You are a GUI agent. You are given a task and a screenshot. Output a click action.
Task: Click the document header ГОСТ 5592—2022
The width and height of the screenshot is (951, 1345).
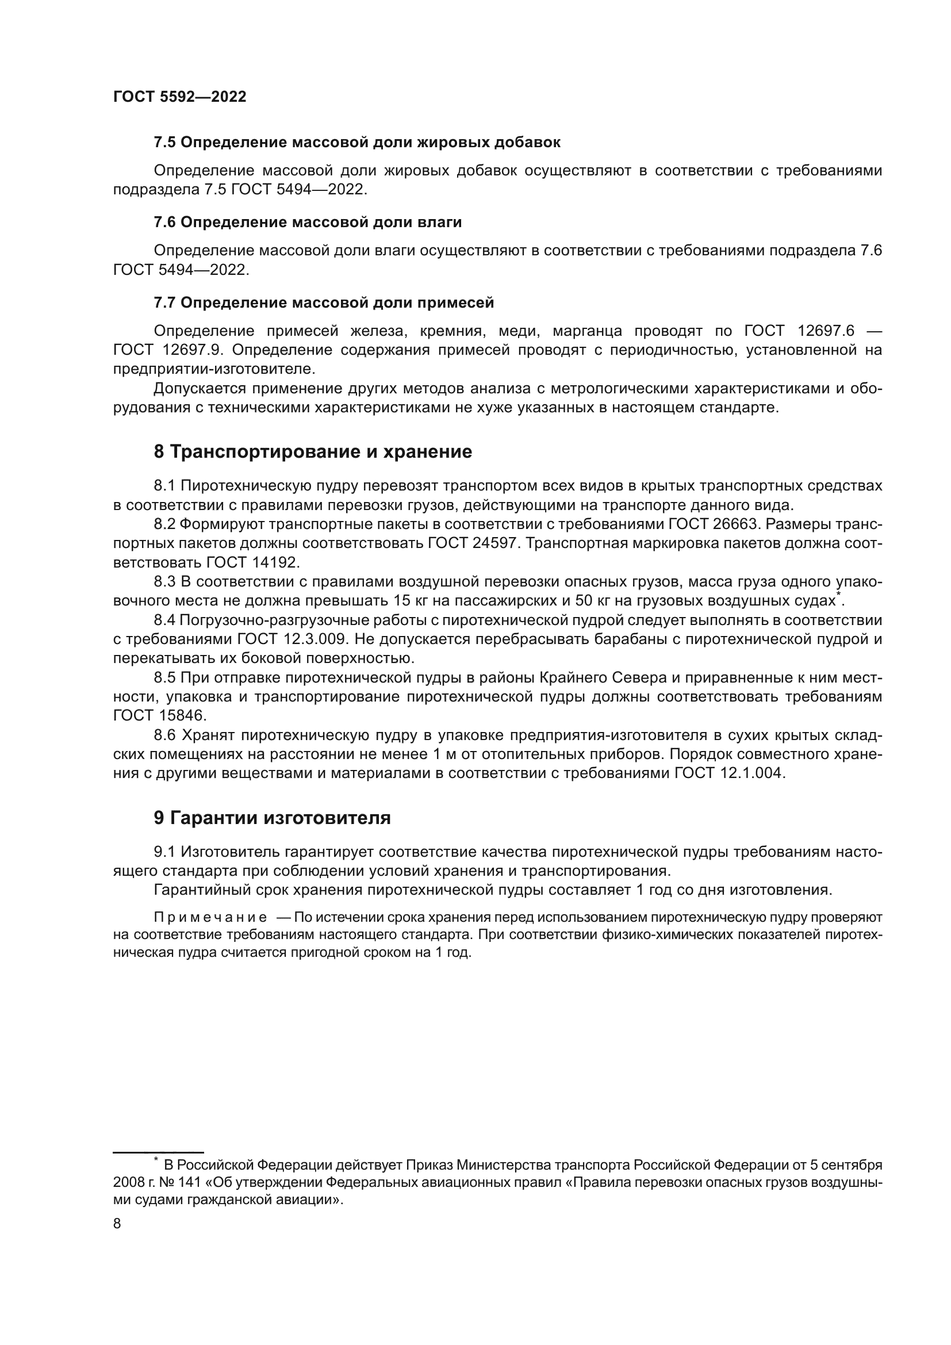tap(179, 97)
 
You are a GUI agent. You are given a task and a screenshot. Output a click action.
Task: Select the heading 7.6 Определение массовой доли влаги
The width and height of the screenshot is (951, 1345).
tap(308, 223)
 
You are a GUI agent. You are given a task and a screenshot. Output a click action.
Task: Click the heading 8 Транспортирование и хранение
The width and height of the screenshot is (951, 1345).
tap(313, 451)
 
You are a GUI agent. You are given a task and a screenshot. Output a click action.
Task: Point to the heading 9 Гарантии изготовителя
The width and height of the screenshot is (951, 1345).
tap(273, 818)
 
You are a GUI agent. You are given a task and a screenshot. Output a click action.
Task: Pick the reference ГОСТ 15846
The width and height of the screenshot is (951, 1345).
tap(160, 716)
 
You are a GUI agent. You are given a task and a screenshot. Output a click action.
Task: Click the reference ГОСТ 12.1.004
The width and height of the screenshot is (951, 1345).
tap(729, 773)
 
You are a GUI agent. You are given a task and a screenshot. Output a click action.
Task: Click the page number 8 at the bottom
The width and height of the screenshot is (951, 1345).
tap(117, 1224)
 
